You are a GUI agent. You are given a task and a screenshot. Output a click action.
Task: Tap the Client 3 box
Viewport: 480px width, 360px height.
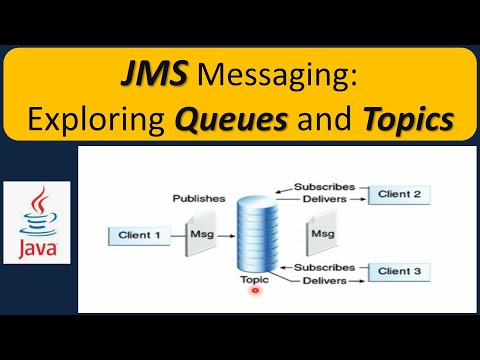(x=398, y=271)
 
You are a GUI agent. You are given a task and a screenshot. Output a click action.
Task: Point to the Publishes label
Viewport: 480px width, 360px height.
(x=198, y=198)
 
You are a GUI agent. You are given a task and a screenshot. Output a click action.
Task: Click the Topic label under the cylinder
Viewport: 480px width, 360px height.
(x=254, y=280)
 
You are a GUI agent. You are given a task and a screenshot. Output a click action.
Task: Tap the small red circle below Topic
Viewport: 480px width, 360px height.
(x=255, y=292)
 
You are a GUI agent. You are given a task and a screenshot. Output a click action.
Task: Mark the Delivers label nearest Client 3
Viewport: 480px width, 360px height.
(x=325, y=281)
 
